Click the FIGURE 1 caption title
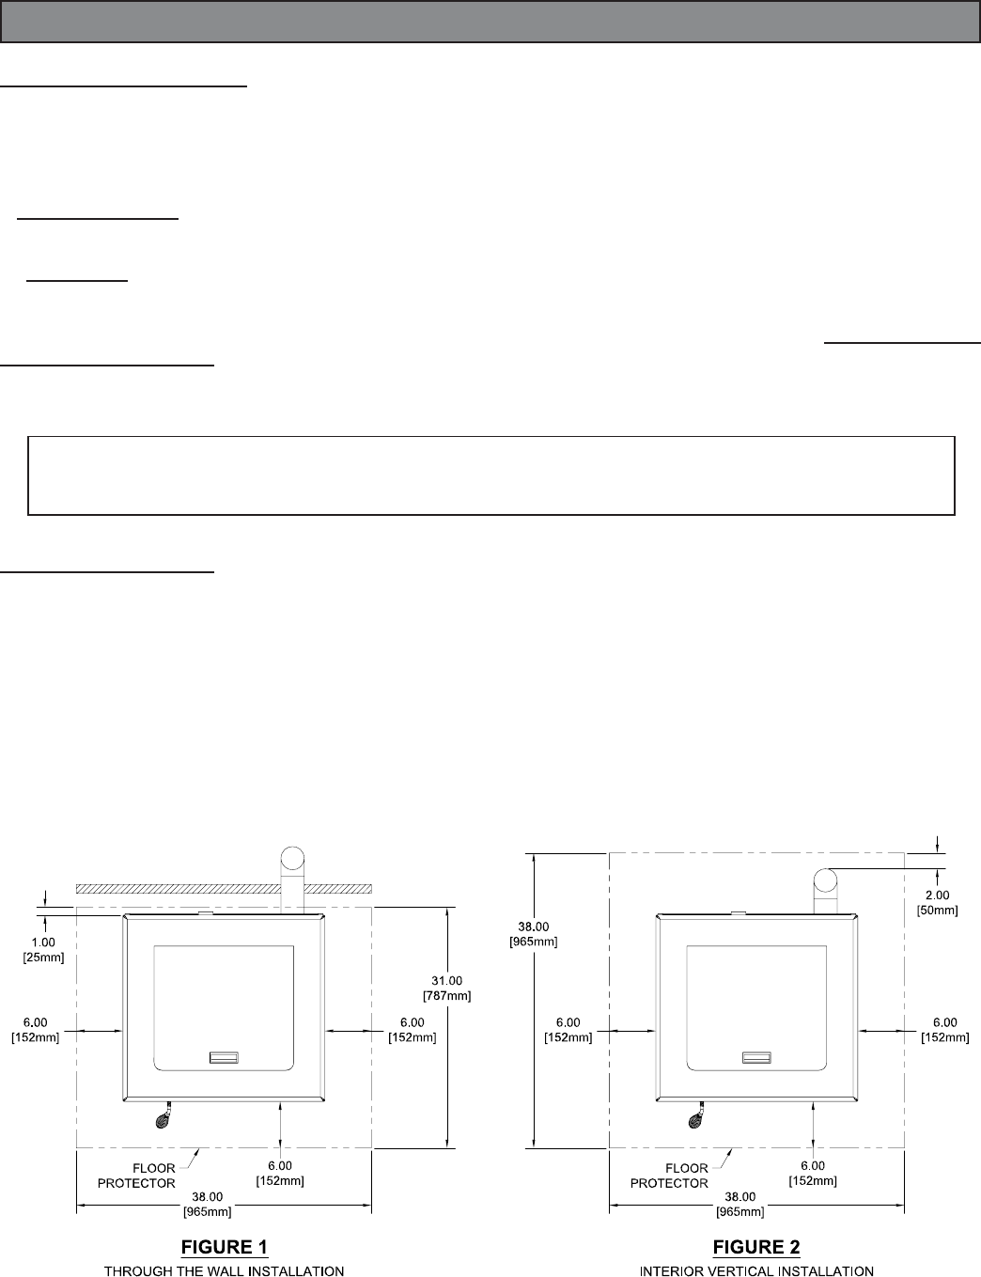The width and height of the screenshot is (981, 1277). click(224, 1247)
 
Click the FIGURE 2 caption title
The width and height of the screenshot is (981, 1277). click(756, 1247)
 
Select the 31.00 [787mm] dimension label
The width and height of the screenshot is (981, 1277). click(447, 988)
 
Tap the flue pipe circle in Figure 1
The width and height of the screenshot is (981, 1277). click(293, 859)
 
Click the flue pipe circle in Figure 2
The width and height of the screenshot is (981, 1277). click(825, 880)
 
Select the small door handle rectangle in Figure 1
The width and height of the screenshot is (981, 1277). click(224, 1057)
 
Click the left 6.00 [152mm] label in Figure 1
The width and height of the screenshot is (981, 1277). click(36, 1030)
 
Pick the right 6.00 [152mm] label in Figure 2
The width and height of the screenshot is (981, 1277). click(944, 1030)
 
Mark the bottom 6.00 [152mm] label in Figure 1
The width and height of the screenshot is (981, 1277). click(280, 1174)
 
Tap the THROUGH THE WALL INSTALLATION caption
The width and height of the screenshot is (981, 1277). click(224, 1271)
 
